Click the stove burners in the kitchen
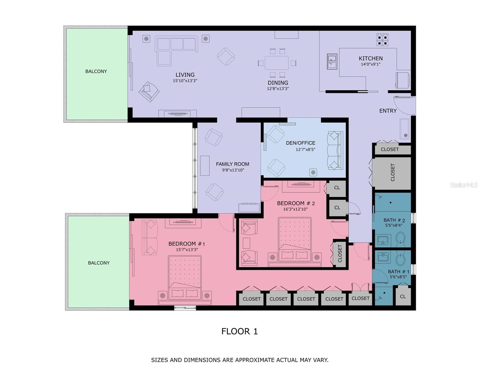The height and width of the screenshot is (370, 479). coord(382,40)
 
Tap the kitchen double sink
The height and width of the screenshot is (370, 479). coord(332,61)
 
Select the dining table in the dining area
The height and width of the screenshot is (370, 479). coord(277,63)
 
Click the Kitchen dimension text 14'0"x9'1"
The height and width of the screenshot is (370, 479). coord(370,64)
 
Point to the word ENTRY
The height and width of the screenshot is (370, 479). coord(388,111)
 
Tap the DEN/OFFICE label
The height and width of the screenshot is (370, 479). coord(300,143)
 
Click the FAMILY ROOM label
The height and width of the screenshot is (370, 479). coord(232,164)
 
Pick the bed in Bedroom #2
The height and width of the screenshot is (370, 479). coord(295,242)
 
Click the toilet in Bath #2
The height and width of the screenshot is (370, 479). coord(400,239)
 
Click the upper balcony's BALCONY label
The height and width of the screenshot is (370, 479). coord(96,72)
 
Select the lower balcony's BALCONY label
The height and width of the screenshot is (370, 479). coord(98,263)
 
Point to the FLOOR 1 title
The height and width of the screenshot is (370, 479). coord(239,331)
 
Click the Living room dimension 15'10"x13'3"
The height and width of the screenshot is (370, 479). coord(185,81)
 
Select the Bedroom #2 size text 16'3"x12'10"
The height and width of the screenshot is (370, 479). coord(295,209)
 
